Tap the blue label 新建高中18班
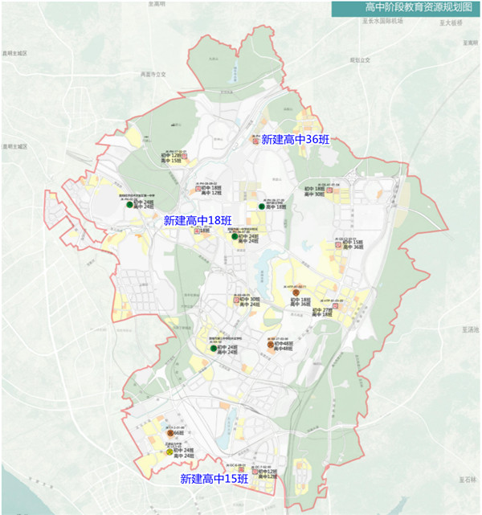pyautogui.click(x=198, y=220)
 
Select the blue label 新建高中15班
pyautogui.click(x=214, y=479)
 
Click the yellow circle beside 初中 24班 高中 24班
pyautogui.click(x=170, y=452)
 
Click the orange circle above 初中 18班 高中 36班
pyautogui.click(x=296, y=291)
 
